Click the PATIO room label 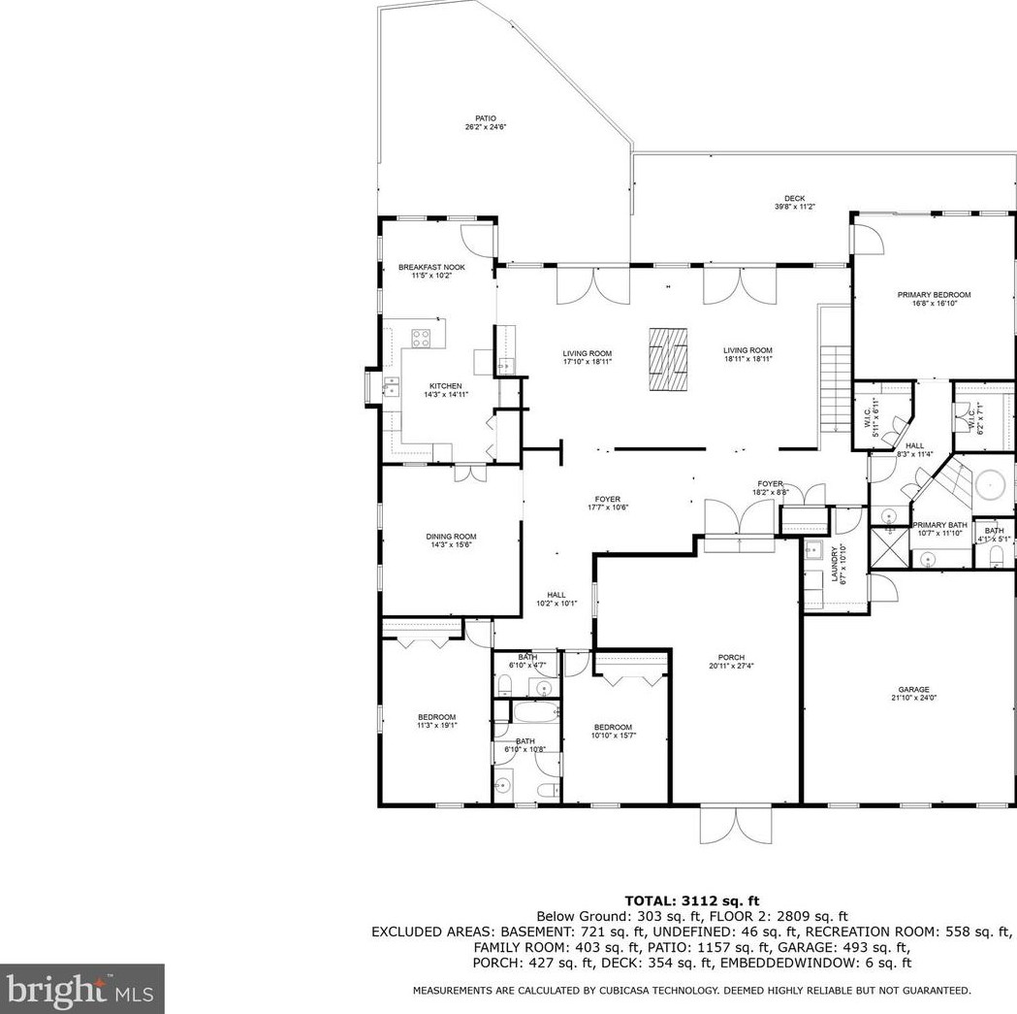[485, 118]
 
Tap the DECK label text [795, 199]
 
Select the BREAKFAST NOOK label [431, 267]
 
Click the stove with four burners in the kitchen [421, 338]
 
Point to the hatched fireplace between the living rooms [668, 358]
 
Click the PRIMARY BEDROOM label [934, 295]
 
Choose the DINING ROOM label [451, 537]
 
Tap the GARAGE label [913, 689]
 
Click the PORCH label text [731, 657]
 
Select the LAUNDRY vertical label [836, 564]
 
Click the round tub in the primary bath [991, 485]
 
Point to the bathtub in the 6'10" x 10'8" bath [536, 713]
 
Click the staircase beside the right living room [834, 389]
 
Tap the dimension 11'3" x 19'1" [437, 725]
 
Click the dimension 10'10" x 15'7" [613, 736]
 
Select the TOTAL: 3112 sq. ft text [691, 900]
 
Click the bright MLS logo [81, 990]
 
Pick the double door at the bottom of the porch [737, 825]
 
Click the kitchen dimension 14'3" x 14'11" [446, 394]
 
